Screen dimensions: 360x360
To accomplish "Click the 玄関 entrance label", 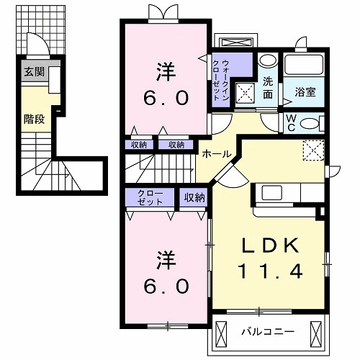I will tap(33, 72).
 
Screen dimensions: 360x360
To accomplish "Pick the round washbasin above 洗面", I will tap(267, 62).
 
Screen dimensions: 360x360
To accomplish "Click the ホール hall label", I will tap(216, 154).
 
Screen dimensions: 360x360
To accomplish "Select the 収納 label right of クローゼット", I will tap(194, 197).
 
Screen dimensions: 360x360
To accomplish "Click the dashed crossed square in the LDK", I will tap(312, 150).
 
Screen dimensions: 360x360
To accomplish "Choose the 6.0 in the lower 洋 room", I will tap(164, 286).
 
